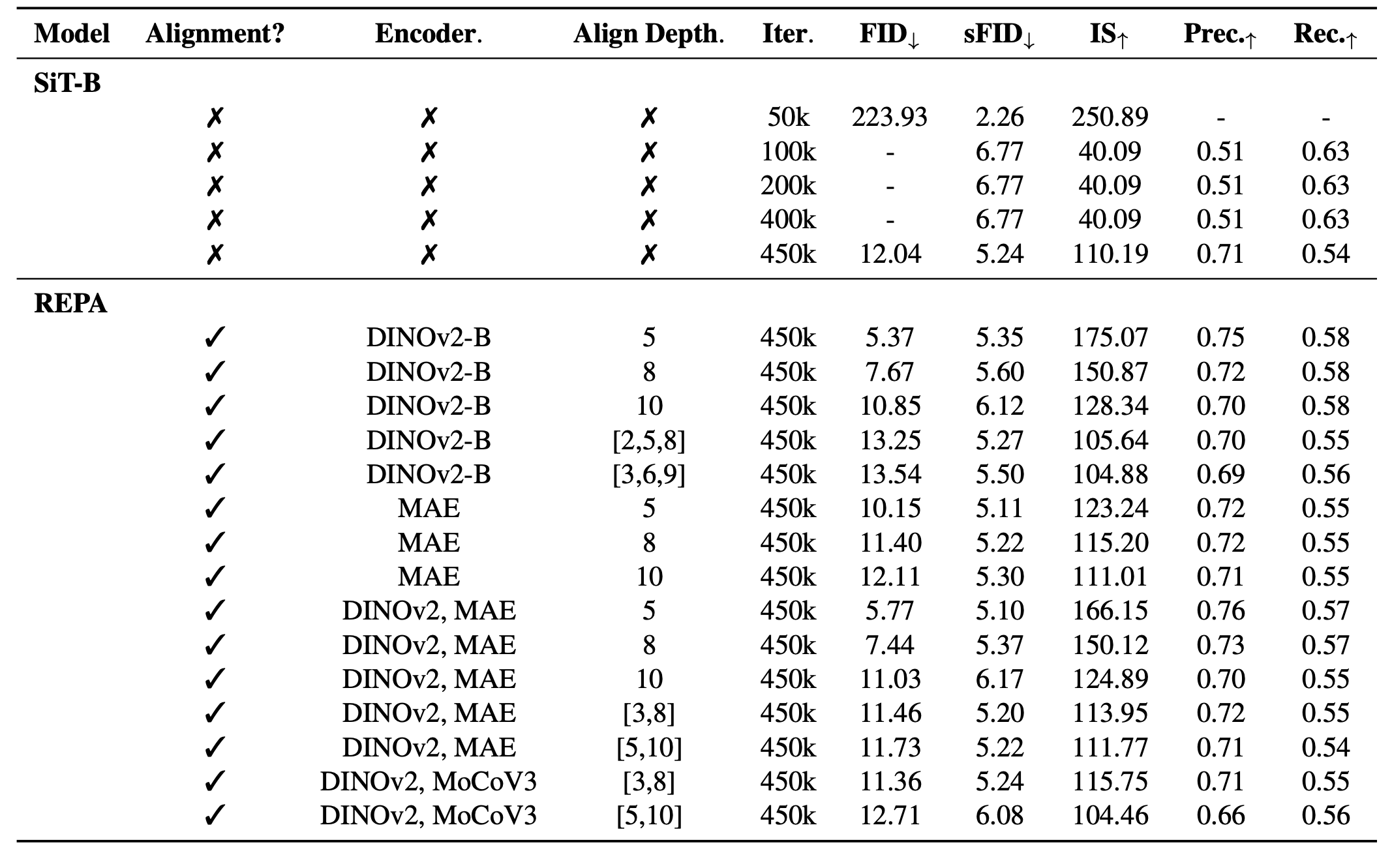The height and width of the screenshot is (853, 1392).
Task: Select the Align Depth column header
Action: pyautogui.click(x=648, y=35)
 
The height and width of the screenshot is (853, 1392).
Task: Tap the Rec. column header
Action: pyautogui.click(x=1325, y=35)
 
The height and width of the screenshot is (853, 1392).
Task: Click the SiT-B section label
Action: pyautogui.click(x=67, y=83)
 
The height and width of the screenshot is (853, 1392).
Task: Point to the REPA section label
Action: pyautogui.click(x=70, y=304)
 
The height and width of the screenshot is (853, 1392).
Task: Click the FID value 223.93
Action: pyautogui.click(x=889, y=117)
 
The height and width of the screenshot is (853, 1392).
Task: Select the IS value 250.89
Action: pyautogui.click(x=1109, y=117)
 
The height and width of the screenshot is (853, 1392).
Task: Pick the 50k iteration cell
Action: pyautogui.click(x=788, y=117)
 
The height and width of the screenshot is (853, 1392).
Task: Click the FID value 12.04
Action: pyautogui.click(x=890, y=254)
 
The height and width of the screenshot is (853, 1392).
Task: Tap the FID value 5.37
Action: pyautogui.click(x=890, y=338)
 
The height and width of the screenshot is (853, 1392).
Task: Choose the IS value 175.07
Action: pyautogui.click(x=1109, y=338)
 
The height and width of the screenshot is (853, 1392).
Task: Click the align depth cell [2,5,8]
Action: pyautogui.click(x=648, y=441)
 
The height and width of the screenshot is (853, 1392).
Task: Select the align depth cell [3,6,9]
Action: pyautogui.click(x=648, y=475)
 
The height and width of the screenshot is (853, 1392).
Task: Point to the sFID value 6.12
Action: pyautogui.click(x=999, y=406)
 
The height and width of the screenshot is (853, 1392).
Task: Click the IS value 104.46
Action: pyautogui.click(x=1109, y=816)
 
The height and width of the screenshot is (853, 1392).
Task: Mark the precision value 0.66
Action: pyautogui.click(x=1220, y=816)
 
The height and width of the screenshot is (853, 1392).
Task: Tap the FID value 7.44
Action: pyautogui.click(x=890, y=646)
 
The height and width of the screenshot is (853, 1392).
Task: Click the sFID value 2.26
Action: pyautogui.click(x=999, y=117)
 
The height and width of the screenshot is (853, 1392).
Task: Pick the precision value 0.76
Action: pyautogui.click(x=1220, y=611)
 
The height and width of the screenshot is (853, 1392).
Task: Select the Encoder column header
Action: pyautogui.click(x=428, y=35)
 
